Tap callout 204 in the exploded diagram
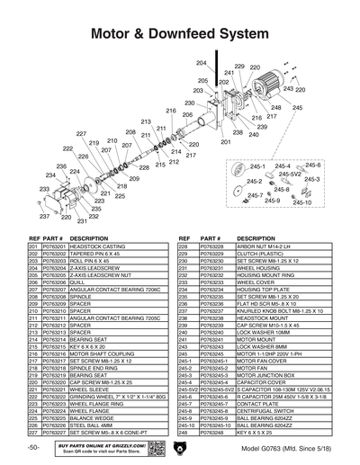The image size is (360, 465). coord(201,62)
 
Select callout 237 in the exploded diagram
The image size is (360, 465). coord(43,217)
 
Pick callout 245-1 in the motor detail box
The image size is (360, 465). coord(231,166)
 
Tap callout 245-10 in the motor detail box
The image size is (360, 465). coord(302,202)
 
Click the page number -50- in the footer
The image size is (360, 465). coord(33,446)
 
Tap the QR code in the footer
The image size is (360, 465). coord(150,448)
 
